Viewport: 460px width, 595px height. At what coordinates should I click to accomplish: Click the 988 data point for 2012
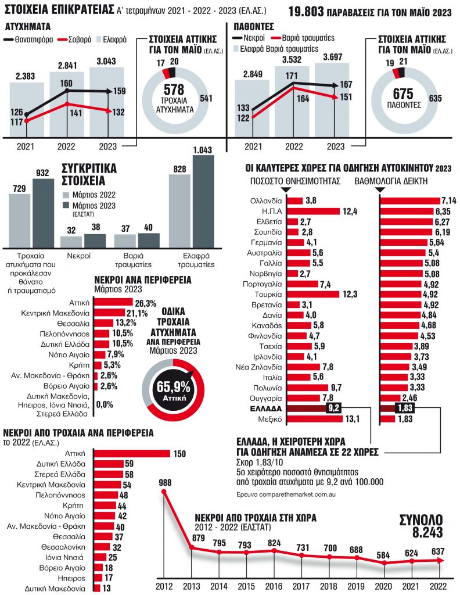164,492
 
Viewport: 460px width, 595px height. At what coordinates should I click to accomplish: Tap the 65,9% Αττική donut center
172,387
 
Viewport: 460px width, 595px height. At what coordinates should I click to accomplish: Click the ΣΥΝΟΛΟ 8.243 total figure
421,526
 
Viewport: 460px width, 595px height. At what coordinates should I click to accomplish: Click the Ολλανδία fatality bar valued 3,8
294,200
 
